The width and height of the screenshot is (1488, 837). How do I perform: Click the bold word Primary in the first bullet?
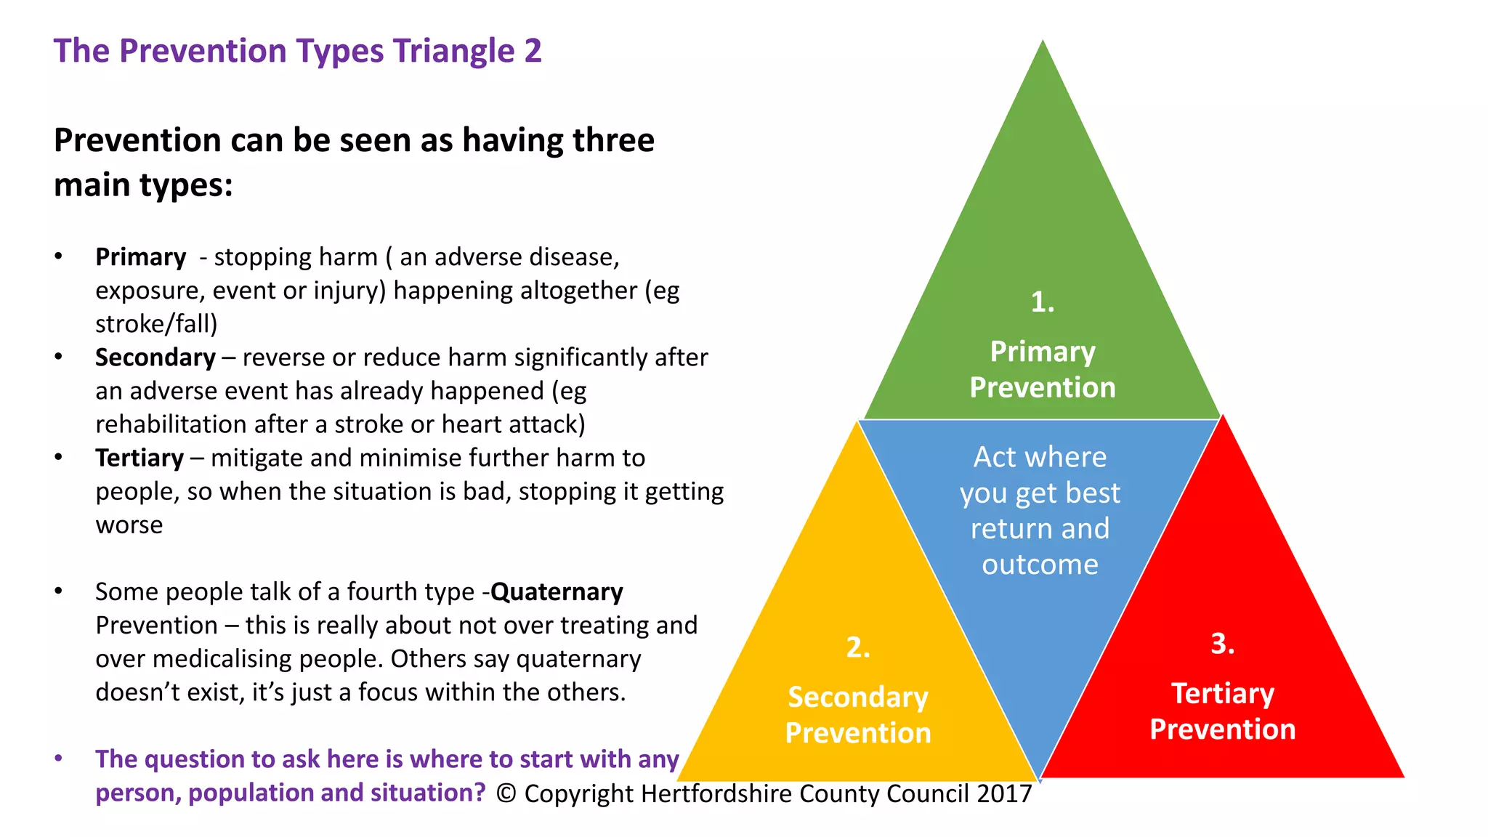141,257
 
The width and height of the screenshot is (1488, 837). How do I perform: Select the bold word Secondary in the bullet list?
155,357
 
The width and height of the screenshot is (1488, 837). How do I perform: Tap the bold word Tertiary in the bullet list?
139,458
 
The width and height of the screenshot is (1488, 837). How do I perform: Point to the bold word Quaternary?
557,592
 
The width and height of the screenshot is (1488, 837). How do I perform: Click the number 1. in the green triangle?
1042,302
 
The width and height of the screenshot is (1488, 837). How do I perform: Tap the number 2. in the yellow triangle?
857,647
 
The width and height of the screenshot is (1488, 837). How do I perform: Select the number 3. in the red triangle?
1222,644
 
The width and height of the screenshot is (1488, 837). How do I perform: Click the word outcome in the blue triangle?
1040,565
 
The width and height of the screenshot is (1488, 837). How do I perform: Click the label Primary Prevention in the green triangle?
1042,369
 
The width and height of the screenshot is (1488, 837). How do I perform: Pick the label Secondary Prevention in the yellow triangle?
857,715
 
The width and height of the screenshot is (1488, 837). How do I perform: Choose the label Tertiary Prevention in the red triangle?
1222,711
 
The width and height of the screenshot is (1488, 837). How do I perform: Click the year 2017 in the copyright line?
1004,793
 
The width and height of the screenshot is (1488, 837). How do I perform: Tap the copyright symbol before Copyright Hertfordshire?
506,794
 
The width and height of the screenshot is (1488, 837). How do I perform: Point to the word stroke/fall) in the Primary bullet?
156,324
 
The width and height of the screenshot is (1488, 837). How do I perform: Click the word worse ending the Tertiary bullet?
129,525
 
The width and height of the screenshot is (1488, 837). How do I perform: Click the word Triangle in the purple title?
454,52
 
